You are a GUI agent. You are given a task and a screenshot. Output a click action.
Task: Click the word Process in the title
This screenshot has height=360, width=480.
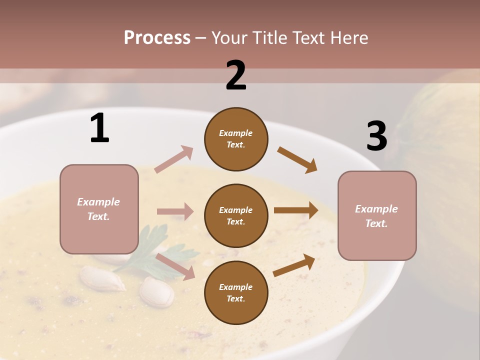tap(157, 38)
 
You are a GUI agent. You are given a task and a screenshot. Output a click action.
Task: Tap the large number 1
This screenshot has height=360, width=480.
tap(99, 128)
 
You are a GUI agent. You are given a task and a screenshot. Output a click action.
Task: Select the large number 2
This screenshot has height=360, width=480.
tap(236, 75)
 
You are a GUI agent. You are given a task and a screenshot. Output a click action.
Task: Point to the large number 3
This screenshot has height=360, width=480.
tap(376, 136)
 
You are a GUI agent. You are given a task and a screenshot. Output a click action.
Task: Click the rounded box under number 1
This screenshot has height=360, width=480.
tap(99, 209)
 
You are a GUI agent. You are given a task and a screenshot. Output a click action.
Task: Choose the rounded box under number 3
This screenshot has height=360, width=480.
tap(377, 215)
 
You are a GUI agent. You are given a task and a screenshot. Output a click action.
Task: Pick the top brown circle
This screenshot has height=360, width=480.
tap(236, 139)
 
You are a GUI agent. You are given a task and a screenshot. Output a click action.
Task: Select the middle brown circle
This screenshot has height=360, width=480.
tap(236, 215)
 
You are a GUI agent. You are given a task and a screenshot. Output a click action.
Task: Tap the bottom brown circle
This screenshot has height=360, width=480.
tap(236, 292)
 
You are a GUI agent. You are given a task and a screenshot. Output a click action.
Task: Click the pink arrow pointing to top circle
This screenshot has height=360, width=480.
tap(174, 159)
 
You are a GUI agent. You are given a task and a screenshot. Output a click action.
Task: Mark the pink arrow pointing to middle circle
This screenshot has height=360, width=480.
tap(175, 211)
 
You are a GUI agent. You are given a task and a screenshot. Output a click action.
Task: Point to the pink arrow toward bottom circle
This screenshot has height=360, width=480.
tap(175, 266)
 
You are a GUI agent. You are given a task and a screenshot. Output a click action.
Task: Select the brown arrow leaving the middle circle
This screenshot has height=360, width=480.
tap(296, 210)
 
